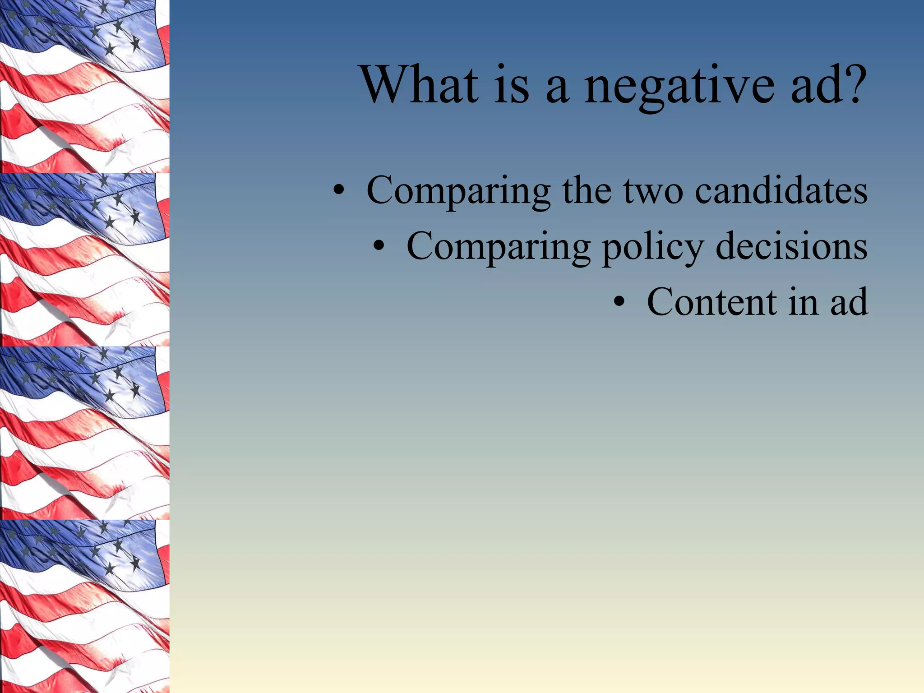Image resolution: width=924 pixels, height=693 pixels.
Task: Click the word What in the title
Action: coord(420,85)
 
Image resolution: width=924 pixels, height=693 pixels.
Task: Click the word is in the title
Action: coord(512,85)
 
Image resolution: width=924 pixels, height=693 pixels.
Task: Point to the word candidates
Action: coord(781,190)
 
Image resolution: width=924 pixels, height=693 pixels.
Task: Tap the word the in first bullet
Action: coord(587,190)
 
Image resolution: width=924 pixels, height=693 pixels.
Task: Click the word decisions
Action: coord(791,246)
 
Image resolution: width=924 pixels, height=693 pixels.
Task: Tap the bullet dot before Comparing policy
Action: coord(379,247)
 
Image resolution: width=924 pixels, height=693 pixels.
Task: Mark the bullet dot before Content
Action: coord(620,303)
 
